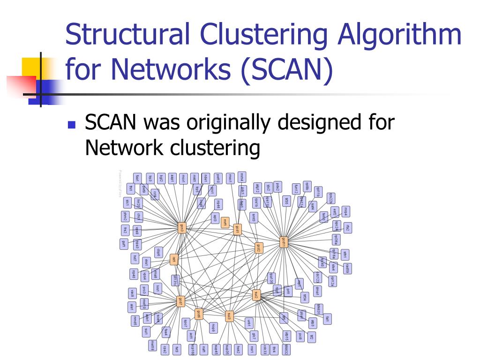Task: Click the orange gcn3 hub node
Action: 182,228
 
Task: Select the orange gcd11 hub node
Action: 283,242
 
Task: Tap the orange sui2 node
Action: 256,295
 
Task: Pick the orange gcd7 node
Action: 180,301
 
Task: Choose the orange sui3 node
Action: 228,315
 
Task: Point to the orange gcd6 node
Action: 199,314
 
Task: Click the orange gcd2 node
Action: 258,247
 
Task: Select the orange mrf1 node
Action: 225,222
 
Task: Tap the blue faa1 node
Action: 137,178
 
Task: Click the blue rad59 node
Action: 347,268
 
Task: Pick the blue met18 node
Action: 152,346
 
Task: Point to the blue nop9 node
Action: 213,327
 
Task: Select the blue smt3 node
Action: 254,217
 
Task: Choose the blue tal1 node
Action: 327,319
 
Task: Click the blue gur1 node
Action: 123,244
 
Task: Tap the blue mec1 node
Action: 230,178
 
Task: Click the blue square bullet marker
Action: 71,125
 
